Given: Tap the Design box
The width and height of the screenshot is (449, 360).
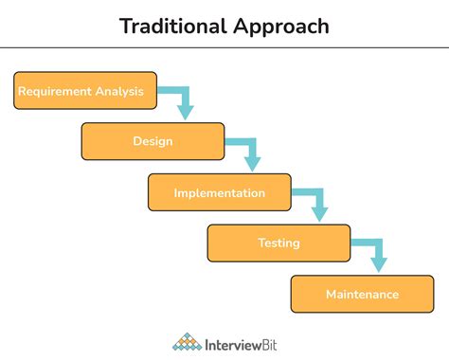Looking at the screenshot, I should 153,141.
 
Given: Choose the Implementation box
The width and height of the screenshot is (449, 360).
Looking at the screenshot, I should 219,192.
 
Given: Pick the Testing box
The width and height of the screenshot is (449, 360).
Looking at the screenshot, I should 278,243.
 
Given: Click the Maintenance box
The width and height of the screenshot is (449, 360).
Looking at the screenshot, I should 362,294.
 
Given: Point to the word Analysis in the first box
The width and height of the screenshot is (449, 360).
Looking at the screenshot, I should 121,91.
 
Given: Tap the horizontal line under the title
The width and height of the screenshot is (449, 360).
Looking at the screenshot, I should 224,47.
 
